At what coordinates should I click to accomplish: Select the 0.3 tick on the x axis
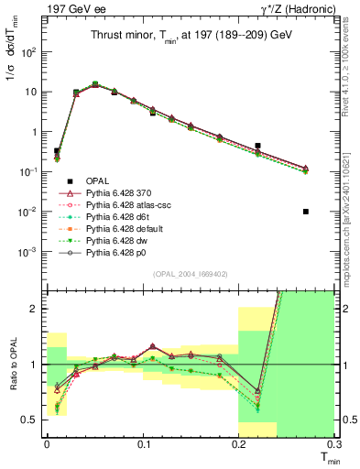[x=335, y=442]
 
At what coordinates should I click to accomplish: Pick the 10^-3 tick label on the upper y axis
[x=29, y=251]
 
